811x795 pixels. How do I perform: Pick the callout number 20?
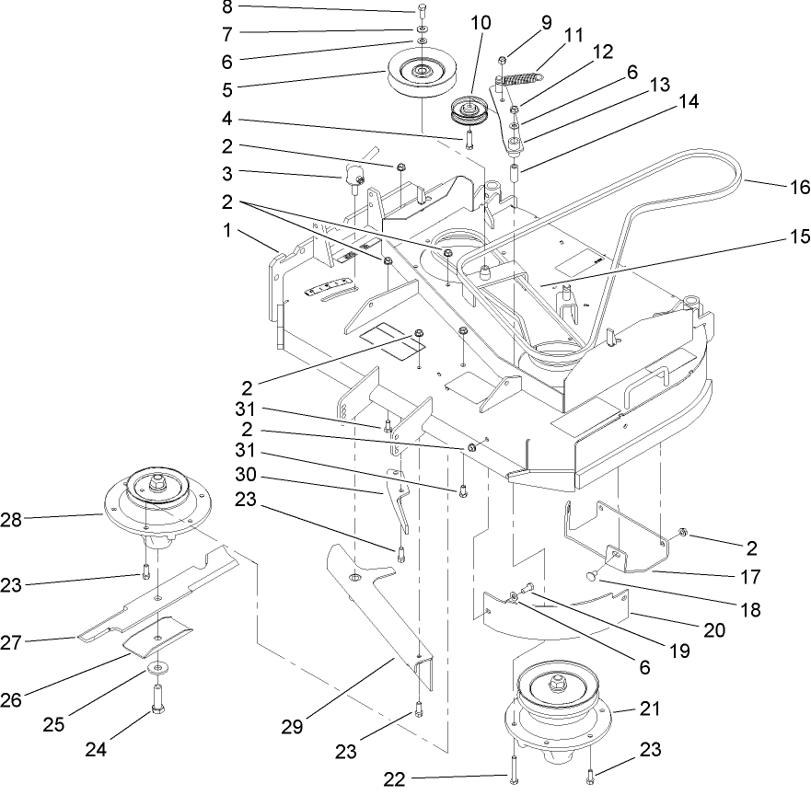coord(714,630)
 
